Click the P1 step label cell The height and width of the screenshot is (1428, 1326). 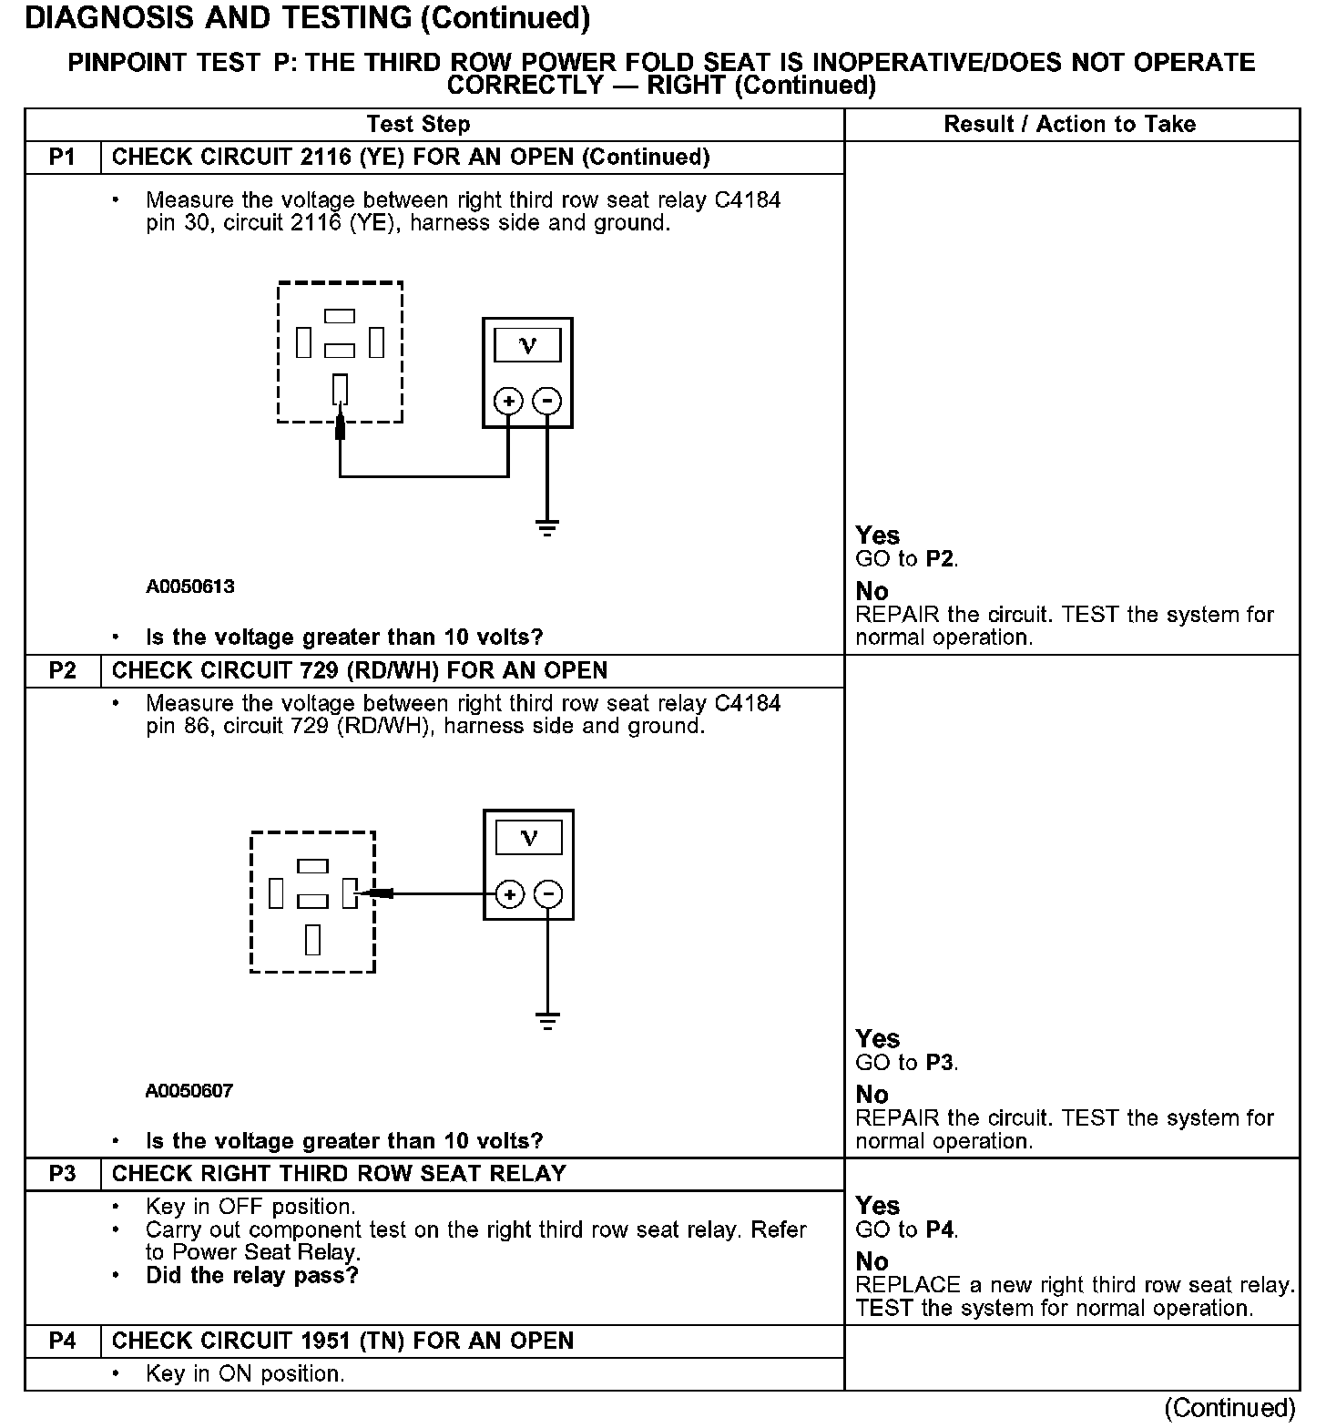point(62,158)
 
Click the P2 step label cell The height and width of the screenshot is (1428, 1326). point(62,671)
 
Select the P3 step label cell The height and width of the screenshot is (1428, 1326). point(62,1174)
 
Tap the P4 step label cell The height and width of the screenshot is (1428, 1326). point(62,1341)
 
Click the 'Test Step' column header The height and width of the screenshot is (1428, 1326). point(418,125)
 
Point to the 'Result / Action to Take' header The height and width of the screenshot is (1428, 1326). point(1069,125)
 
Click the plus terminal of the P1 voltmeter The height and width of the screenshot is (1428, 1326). point(508,401)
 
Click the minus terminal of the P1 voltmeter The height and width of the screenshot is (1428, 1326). point(546,401)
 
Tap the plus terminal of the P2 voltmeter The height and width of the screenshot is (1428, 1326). point(510,894)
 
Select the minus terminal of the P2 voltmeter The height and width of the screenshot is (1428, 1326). point(547,894)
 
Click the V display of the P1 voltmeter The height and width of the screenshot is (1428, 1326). point(527,345)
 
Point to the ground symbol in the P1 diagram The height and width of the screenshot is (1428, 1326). point(546,527)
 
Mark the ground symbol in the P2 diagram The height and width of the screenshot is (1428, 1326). point(547,1021)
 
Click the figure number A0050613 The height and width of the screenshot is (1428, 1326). point(190,587)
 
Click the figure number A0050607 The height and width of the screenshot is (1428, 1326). point(189,1091)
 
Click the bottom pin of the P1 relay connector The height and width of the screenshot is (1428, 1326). point(340,389)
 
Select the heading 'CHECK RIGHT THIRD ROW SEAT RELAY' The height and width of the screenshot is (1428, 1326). point(339,1174)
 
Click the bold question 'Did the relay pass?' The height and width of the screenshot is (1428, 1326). point(252,1276)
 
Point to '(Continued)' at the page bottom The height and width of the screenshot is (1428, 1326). point(1229,1408)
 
